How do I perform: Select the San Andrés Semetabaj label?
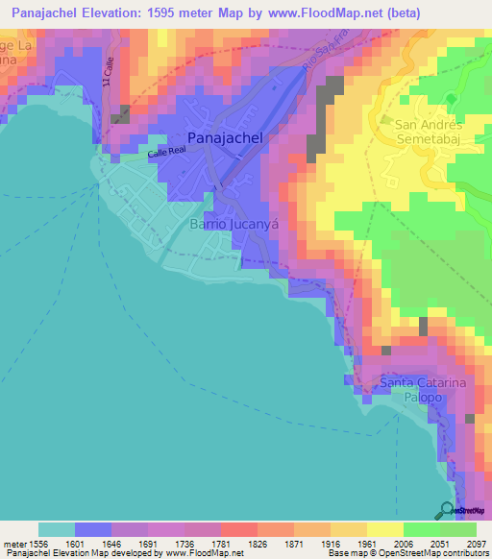pos(430,132)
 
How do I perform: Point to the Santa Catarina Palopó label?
pos(423,390)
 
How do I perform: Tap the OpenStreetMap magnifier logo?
pos(446,510)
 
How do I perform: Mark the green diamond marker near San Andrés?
pos(451,100)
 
